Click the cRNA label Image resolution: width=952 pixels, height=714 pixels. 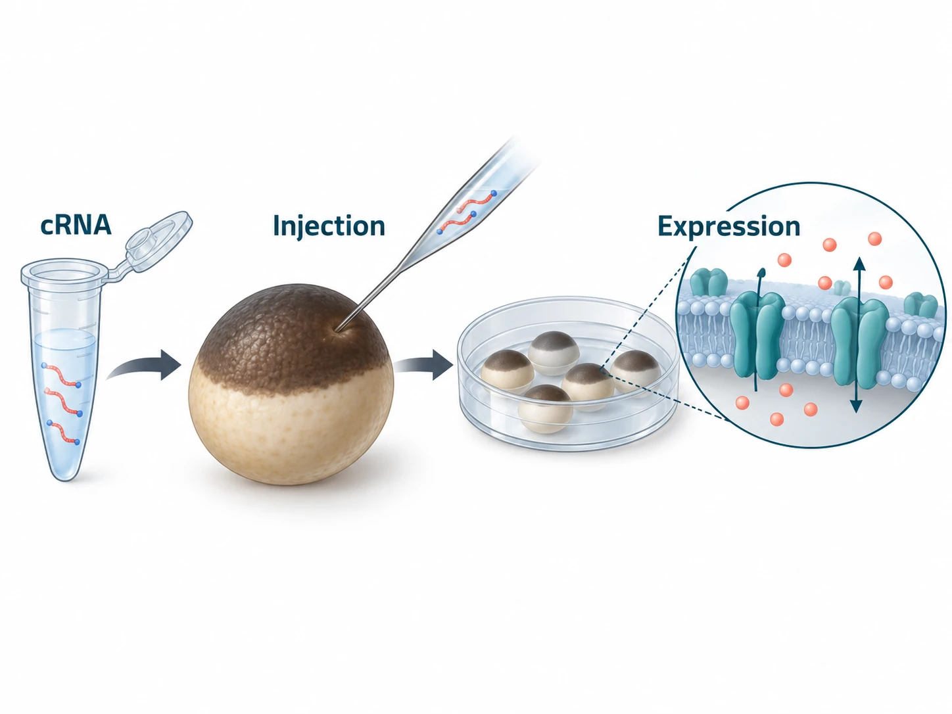pos(76,226)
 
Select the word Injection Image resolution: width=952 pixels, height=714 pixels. pos(329,226)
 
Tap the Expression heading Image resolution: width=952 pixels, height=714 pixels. pos(728,227)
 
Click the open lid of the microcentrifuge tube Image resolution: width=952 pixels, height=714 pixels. pos(158,240)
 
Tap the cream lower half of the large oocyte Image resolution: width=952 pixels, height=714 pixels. pos(291,429)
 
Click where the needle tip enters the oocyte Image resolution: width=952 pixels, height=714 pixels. pos(337,330)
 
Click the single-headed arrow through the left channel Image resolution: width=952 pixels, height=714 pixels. pos(757,329)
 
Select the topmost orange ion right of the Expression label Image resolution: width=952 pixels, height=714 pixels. pos(875,239)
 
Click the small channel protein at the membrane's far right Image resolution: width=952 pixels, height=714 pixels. pos(920,305)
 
